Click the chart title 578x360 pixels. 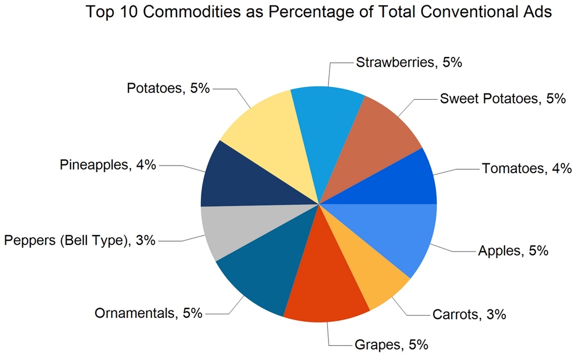coord(318,13)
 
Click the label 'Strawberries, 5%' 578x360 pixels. coord(409,63)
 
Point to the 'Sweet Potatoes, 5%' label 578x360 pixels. coord(502,99)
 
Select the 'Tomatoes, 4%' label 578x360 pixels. coord(526,169)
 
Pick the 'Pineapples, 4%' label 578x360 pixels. coord(108,165)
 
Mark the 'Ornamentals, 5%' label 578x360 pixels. coord(147,313)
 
